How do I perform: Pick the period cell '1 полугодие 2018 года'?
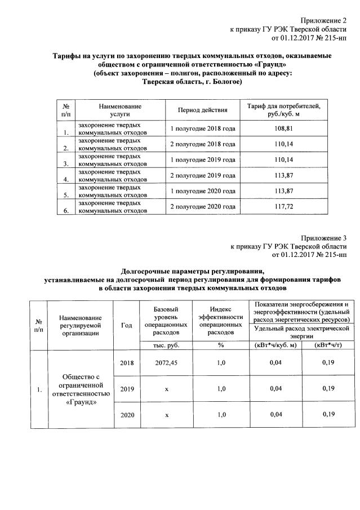(x=203, y=128)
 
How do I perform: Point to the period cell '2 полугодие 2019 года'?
(x=203, y=176)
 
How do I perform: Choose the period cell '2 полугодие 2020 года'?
(x=203, y=207)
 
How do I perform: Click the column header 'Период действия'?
(x=203, y=109)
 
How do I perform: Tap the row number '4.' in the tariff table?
(x=66, y=180)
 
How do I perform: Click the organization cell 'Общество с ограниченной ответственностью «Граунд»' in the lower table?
(x=82, y=389)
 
